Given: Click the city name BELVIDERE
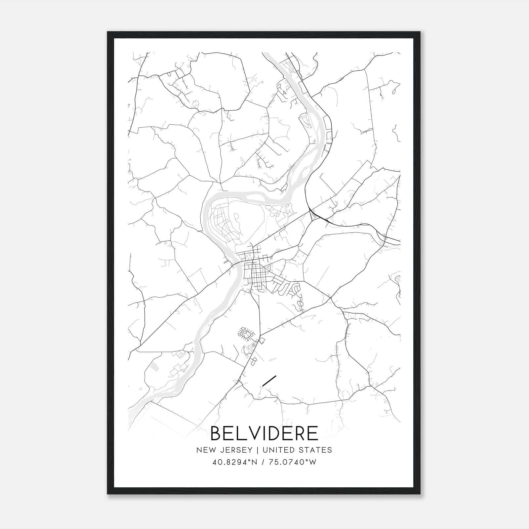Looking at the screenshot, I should click(264, 433).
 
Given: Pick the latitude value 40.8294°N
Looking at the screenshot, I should click(234, 462).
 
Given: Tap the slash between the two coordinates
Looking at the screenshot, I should click(262, 462).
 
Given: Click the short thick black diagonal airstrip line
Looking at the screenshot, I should click(269, 381).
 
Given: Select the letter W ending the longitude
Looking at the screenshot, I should click(313, 462).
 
